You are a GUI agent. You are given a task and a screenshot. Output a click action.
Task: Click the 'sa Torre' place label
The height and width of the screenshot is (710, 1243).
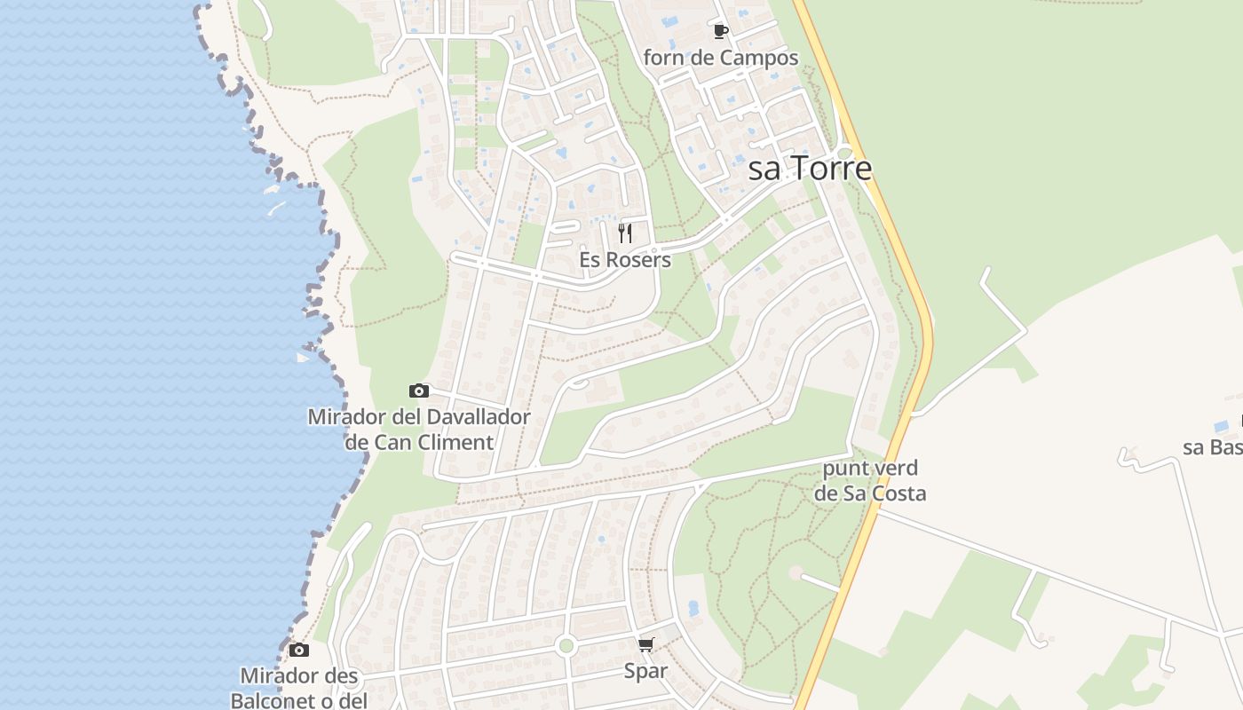tap(810, 169)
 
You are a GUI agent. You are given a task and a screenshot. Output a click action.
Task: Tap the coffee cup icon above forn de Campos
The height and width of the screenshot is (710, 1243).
tap(721, 32)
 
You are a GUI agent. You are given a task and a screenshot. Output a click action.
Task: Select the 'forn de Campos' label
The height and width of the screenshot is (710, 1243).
tap(721, 59)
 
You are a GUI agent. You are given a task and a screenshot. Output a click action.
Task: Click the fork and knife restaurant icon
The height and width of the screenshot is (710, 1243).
tap(625, 233)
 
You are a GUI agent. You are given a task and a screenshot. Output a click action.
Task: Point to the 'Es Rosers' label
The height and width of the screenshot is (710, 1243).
tap(625, 261)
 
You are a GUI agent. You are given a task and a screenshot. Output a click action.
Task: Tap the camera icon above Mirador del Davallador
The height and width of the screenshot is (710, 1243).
tap(419, 390)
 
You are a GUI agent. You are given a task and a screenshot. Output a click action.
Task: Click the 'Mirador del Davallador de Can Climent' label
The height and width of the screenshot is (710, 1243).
tap(419, 429)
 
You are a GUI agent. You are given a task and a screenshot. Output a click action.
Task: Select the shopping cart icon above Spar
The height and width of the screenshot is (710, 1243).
tap(645, 645)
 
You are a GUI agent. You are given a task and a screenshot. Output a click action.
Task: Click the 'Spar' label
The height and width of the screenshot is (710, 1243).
tap(645, 671)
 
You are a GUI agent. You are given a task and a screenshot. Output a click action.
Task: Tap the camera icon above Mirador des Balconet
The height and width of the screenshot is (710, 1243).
tap(299, 650)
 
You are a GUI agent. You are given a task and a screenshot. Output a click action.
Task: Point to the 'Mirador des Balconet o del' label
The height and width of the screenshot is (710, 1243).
tap(299, 688)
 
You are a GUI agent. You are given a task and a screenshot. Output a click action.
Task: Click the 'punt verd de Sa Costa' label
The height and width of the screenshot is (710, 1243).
tap(870, 481)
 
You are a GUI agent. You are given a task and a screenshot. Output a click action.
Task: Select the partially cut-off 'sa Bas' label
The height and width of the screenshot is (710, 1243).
tap(1213, 446)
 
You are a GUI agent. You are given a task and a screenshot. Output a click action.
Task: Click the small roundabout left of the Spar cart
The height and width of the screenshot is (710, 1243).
tap(566, 645)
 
